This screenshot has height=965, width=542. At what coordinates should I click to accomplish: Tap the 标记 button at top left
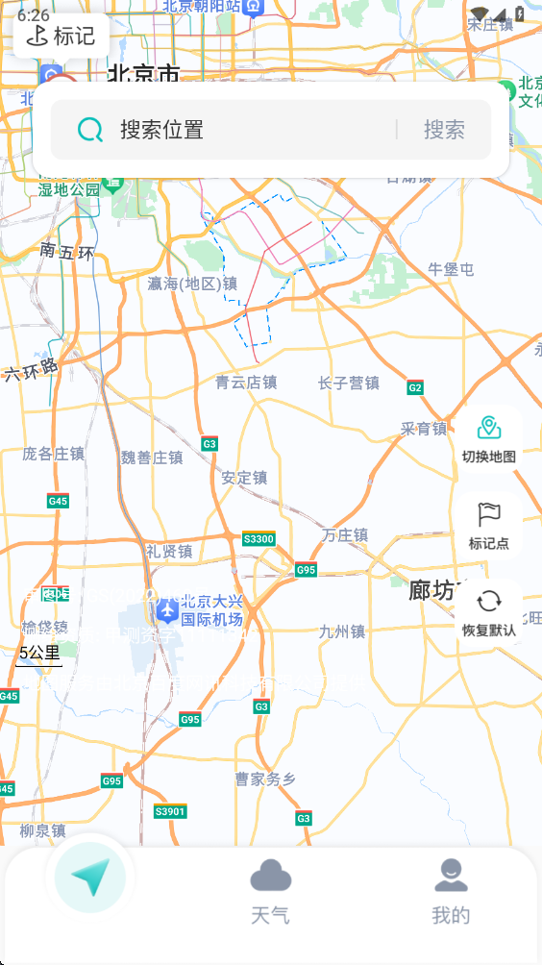point(62,36)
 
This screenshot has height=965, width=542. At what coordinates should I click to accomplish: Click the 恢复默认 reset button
point(488,612)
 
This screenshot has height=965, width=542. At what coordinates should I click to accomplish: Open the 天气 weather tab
point(270,892)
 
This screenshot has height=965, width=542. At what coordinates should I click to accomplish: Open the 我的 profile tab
point(451,892)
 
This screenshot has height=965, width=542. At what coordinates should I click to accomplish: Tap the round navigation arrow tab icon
point(90,877)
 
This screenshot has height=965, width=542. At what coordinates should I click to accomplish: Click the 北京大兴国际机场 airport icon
point(167,608)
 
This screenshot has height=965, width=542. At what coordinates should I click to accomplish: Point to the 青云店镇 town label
point(246,383)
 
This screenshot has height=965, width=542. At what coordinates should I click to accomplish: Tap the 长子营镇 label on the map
point(349,384)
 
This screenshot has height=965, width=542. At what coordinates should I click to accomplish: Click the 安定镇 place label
point(244,478)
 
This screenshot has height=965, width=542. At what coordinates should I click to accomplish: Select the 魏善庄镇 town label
point(152,458)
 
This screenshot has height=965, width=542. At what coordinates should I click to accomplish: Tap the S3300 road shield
point(259,539)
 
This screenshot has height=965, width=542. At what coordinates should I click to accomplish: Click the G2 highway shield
point(415,388)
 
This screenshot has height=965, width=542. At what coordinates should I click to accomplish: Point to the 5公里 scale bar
point(39,655)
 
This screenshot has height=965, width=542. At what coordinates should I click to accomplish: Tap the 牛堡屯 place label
point(451,269)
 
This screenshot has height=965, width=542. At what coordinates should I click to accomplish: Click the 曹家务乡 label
point(264,779)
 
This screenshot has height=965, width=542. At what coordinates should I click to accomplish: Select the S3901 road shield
point(170,812)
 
